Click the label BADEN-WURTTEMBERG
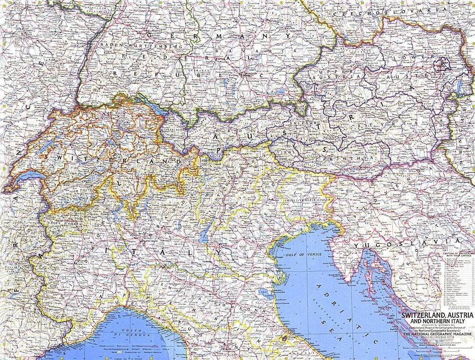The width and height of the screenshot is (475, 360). tap(141, 46)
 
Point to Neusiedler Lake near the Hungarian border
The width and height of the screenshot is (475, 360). tap(459, 87)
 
